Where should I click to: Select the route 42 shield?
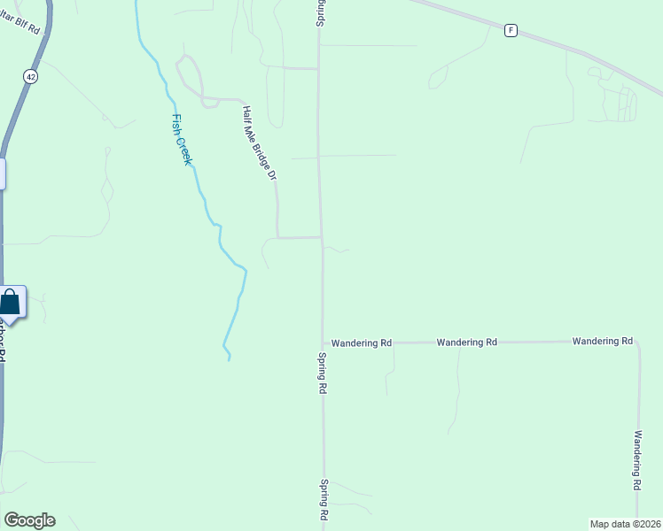(x=31, y=77)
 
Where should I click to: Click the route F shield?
(x=511, y=30)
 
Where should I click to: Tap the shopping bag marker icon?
(x=10, y=302)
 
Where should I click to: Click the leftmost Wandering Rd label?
(x=362, y=342)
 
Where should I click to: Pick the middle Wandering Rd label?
(x=466, y=342)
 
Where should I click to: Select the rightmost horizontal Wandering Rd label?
(x=602, y=341)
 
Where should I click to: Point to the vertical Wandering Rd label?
(x=637, y=460)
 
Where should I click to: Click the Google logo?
(x=29, y=520)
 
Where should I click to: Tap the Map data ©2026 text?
(x=625, y=524)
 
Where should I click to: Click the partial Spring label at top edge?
(x=320, y=12)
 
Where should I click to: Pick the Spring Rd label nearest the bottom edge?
(x=325, y=499)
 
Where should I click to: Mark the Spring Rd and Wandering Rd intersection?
(x=323, y=342)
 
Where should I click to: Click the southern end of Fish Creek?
(x=229, y=358)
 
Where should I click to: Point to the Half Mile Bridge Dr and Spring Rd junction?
(x=321, y=237)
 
